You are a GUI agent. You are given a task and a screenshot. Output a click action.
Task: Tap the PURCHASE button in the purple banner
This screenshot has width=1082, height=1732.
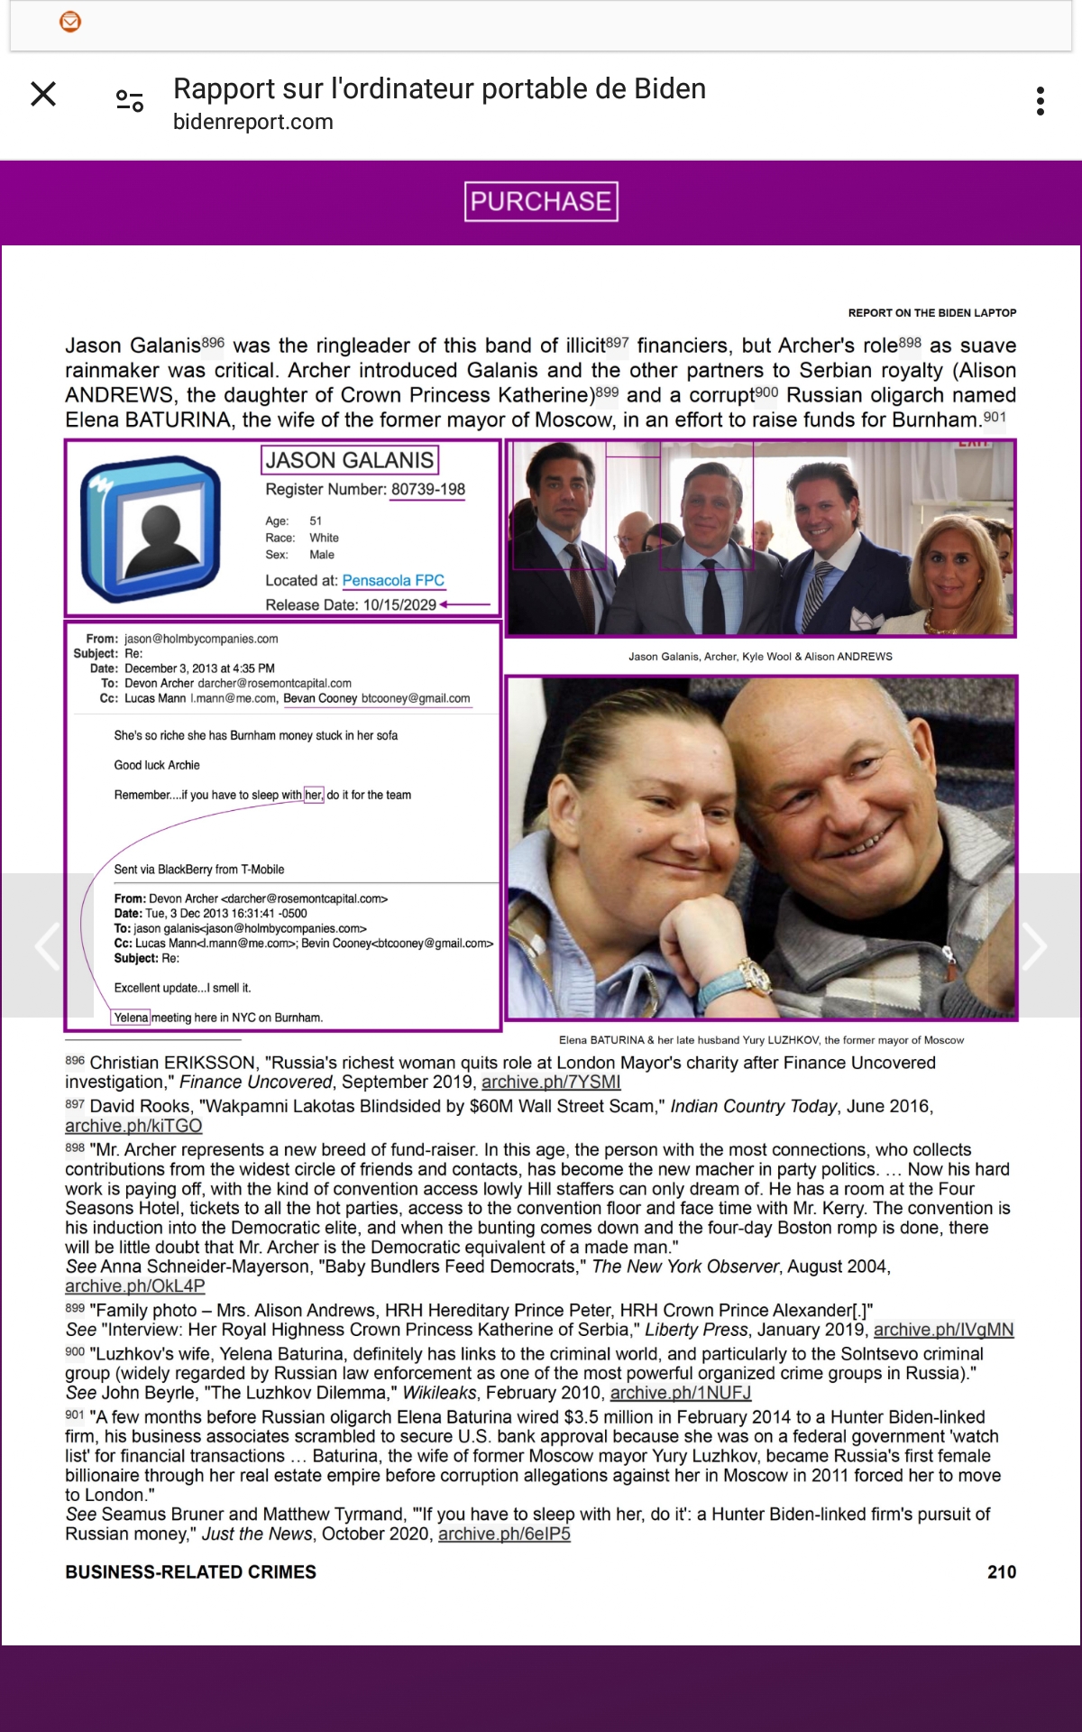point(541,201)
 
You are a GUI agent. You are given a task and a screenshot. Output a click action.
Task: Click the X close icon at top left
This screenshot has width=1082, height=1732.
point(43,94)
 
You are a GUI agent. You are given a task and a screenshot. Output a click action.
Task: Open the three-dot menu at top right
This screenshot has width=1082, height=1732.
point(1041,101)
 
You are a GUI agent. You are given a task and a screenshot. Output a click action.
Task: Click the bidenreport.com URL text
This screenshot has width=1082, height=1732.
point(252,122)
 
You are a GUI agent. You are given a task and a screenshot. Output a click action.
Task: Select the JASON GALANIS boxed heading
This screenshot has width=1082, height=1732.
point(350,460)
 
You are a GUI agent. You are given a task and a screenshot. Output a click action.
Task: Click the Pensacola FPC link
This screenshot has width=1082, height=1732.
point(393,580)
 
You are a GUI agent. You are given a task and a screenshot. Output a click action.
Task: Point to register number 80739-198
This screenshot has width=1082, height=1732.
point(428,489)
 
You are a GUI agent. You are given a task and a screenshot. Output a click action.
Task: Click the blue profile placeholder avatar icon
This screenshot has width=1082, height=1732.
point(150,529)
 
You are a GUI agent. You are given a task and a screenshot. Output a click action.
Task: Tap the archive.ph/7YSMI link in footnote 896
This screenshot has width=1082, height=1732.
point(551,1082)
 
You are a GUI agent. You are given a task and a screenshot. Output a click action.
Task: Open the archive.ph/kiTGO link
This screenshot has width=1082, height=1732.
point(133,1126)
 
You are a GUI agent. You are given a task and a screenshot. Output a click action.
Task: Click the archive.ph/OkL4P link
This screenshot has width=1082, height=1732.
point(134,1285)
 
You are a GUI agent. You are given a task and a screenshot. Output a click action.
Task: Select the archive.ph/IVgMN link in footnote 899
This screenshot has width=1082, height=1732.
point(943,1330)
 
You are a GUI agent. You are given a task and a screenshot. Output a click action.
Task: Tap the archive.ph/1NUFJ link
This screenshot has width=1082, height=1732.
point(680,1393)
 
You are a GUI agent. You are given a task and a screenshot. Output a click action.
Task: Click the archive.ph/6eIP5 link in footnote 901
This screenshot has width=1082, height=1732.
point(504,1534)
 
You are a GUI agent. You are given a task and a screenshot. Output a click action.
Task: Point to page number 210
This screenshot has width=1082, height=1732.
point(1002,1571)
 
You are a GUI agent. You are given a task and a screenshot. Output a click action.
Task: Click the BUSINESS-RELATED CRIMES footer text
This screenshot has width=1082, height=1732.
point(190,1571)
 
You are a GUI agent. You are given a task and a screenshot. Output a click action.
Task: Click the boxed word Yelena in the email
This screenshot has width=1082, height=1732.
point(131,1018)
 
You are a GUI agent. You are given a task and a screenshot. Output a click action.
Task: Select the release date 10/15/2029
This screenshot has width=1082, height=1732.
point(399,604)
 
